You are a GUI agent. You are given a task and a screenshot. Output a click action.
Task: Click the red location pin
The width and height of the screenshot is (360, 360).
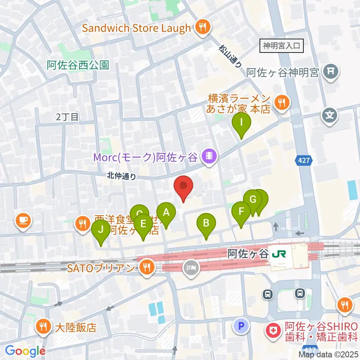(x=183, y=187)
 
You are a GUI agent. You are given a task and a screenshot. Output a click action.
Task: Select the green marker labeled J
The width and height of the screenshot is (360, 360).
(x=100, y=232)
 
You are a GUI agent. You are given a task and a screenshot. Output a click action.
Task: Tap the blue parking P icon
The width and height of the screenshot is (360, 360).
(x=241, y=325)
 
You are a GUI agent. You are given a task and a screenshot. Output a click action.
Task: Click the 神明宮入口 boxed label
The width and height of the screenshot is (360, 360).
(x=281, y=46)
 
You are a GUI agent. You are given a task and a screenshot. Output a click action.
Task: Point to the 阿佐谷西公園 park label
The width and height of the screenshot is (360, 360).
(x=78, y=65)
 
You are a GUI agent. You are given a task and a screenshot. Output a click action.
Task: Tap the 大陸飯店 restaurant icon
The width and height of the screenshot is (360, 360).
(x=44, y=327)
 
